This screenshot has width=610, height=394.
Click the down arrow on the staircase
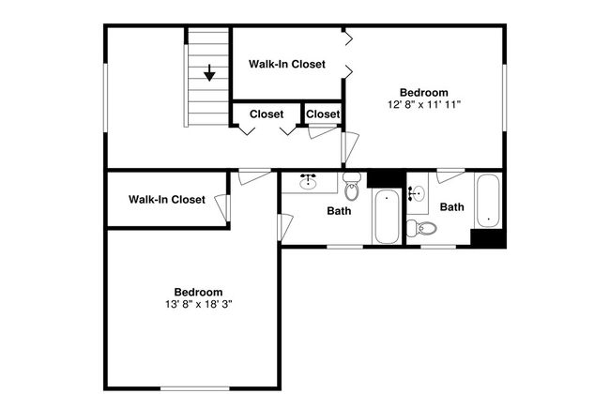pos(209,73)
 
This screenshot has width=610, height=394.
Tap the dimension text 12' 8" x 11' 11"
pos(424,104)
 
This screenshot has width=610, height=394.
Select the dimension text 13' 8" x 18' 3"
pos(198,304)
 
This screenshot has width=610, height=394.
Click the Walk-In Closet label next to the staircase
pos(287,64)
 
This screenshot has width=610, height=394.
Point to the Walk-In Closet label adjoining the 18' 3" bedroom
pos(167,200)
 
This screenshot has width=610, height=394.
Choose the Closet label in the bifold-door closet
pos(267,114)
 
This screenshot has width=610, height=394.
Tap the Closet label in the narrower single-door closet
pos(323,114)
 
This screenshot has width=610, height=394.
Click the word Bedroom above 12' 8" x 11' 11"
pos(424,93)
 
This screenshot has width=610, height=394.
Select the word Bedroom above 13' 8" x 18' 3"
pos(198,292)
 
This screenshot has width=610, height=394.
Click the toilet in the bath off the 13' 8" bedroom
pos(352,187)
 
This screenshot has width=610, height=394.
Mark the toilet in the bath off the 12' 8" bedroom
pos(421,228)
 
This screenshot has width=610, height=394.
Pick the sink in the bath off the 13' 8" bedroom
pos(308,182)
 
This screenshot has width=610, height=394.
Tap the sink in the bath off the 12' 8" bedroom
pos(417,193)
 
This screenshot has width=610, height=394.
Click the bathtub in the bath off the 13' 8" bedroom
pos(387,217)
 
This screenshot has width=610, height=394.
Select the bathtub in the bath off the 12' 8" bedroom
pos(488,201)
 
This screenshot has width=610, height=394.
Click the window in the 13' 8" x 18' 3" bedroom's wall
pos(195,388)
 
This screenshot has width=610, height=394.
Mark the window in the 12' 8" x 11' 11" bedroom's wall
pos(505,98)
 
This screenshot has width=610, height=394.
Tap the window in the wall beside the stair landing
pos(105,98)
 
